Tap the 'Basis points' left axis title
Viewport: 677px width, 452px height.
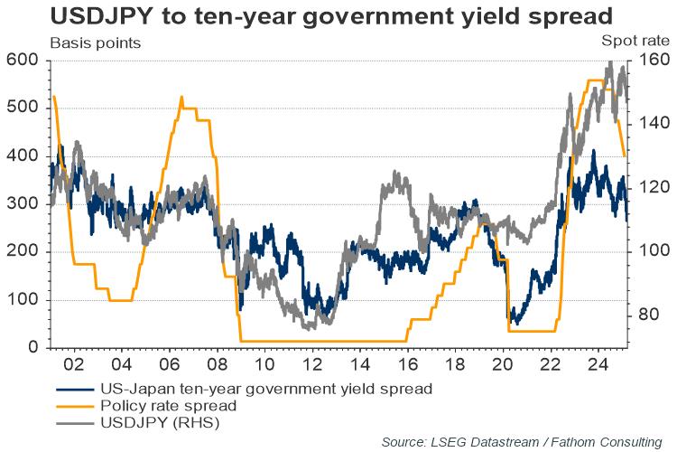(95, 42)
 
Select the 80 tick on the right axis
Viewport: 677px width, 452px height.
(649, 315)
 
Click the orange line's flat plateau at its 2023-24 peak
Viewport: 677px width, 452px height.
(595, 81)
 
